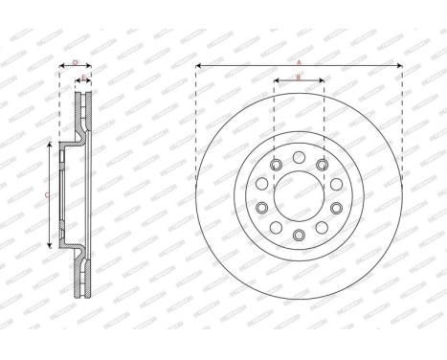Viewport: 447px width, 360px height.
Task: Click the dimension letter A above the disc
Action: [x=299, y=61]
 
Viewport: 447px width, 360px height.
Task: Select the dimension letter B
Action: [x=299, y=78]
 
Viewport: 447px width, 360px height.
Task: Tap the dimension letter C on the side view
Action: [x=48, y=193]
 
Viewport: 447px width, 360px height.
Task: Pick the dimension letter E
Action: [x=83, y=78]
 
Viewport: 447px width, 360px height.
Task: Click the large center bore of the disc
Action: [x=299, y=194]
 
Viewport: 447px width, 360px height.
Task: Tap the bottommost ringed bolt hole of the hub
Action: [x=299, y=235]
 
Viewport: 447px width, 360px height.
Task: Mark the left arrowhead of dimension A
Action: [x=198, y=66]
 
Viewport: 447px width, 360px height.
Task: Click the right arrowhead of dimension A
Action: [x=399, y=66]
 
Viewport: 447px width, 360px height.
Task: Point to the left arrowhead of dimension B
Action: [x=277, y=82]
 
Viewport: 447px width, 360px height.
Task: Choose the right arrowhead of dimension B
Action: [x=322, y=82]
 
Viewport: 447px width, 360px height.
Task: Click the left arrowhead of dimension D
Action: [x=61, y=66]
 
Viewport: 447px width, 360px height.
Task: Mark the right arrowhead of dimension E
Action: [x=89, y=82]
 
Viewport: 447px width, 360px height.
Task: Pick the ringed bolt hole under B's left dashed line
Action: [x=276, y=167]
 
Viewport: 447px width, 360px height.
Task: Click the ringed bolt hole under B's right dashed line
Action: [x=322, y=167]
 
